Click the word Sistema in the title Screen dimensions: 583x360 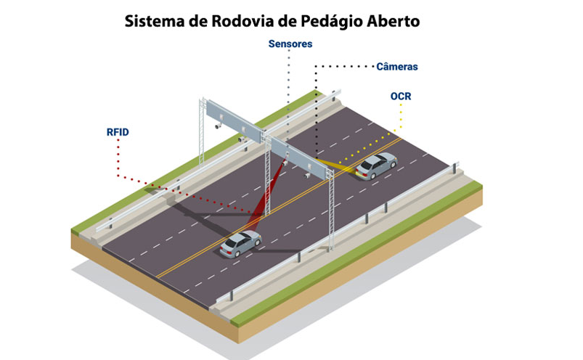click(x=155, y=21)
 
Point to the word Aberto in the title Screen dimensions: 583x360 click(x=394, y=21)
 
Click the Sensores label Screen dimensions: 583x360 click(x=290, y=44)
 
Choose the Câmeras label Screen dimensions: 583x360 click(x=397, y=67)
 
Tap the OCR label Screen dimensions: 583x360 click(x=401, y=97)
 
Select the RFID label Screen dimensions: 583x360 click(x=118, y=132)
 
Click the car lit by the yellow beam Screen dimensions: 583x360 click(x=376, y=165)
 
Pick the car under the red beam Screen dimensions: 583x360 click(x=240, y=244)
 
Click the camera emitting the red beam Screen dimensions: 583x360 click(x=285, y=162)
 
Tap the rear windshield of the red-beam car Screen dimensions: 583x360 click(x=231, y=243)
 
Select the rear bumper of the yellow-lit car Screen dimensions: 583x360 click(x=362, y=173)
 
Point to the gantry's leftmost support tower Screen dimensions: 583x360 click(x=202, y=133)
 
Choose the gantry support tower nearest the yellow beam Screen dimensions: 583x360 click(x=330, y=210)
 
